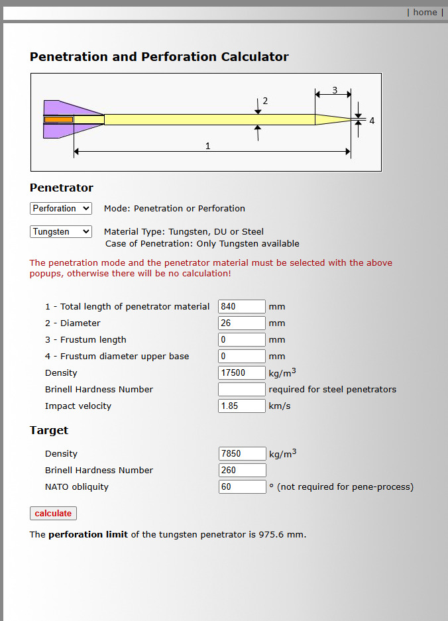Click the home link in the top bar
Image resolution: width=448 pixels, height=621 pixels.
pos(425,13)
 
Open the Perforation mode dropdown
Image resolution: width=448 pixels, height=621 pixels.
pos(61,208)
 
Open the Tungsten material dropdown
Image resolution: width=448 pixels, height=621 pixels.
pos(61,232)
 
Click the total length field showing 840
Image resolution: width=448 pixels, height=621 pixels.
pos(242,307)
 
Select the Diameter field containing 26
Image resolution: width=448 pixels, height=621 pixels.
pos(242,323)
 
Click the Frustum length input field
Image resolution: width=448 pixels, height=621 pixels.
pos(242,340)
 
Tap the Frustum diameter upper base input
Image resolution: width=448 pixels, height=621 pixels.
pos(242,357)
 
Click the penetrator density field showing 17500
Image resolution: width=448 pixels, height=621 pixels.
pos(242,372)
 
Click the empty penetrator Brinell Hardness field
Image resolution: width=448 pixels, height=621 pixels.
pos(242,389)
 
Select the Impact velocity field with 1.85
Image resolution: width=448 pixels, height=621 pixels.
pos(242,406)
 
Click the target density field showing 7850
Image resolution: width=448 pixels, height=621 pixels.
pos(242,453)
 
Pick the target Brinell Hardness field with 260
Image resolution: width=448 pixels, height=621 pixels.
pos(242,470)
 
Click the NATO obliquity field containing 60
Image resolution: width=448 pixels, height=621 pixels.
pos(242,486)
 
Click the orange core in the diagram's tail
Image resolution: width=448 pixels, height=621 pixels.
pos(58,119)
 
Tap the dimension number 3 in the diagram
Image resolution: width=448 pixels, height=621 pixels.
pos(335,90)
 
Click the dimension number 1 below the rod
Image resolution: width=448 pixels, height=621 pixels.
pos(207,146)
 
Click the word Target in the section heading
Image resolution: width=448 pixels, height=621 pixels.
pos(49,431)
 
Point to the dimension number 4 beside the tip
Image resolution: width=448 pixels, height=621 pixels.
pos(372,121)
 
